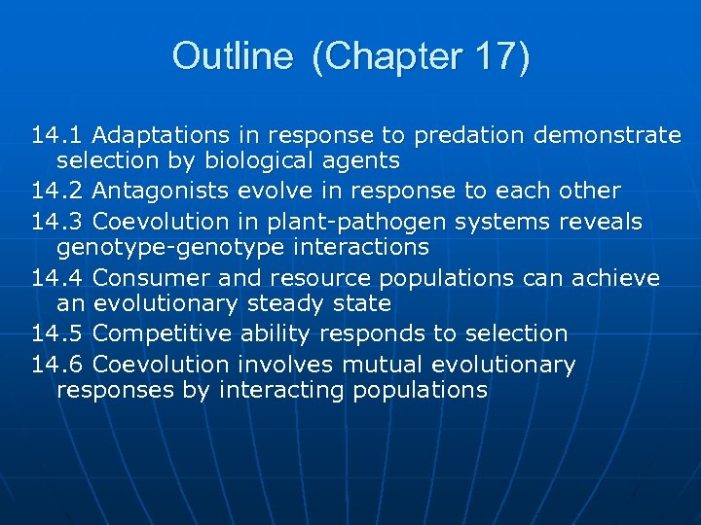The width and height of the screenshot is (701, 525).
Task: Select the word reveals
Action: (601, 222)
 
